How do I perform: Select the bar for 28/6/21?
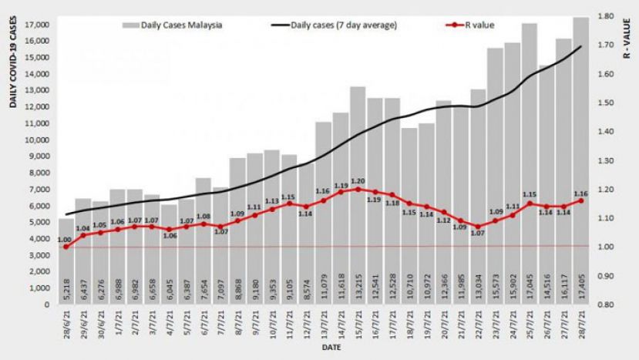66,262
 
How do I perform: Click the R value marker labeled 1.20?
358,189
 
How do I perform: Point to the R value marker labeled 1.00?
66,247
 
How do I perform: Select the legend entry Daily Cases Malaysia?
174,25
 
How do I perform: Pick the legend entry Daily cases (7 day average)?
335,25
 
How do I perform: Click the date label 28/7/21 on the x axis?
580,324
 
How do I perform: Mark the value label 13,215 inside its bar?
358,287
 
